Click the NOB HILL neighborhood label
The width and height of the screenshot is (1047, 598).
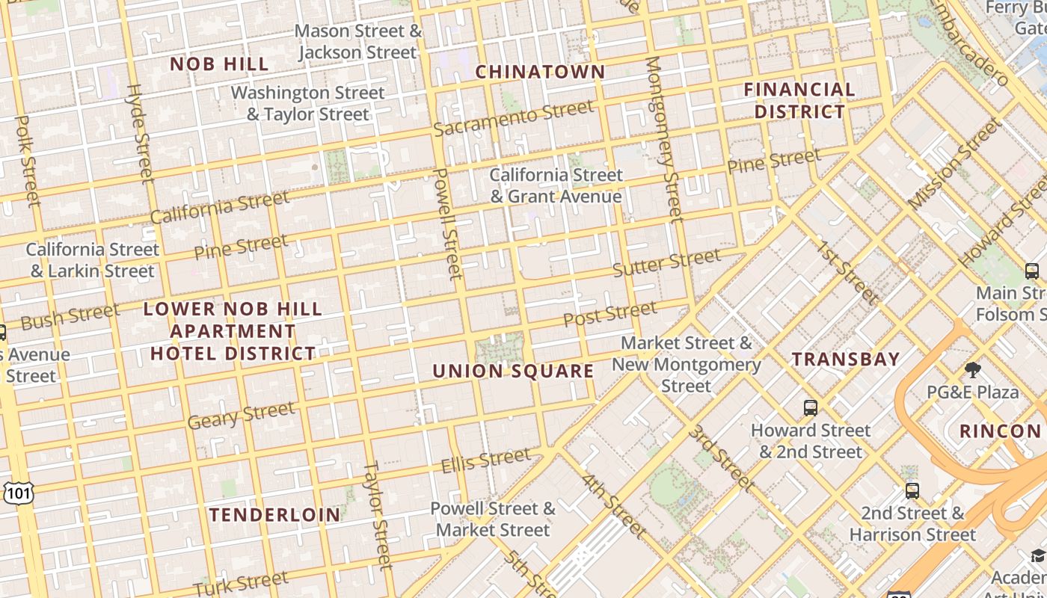click(219, 64)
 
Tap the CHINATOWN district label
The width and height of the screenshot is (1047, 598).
click(540, 72)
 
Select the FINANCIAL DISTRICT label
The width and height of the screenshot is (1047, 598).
click(799, 100)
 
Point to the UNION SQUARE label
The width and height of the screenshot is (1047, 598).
click(513, 371)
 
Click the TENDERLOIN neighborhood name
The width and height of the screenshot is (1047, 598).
click(274, 514)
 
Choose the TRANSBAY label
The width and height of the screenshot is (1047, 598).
click(845, 359)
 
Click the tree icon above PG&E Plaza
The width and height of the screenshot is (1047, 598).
click(972, 370)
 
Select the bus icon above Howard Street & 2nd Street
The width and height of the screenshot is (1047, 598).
click(811, 408)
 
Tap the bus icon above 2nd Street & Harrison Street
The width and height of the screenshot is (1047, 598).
click(912, 491)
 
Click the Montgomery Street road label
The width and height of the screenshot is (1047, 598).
click(663, 139)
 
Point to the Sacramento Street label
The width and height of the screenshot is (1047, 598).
click(514, 119)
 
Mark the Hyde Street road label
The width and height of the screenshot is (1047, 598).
click(139, 132)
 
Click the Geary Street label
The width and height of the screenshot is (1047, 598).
click(241, 416)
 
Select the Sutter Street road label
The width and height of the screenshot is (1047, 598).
click(666, 262)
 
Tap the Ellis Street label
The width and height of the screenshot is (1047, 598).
click(485, 460)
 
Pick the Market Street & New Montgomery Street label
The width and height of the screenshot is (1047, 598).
click(686, 365)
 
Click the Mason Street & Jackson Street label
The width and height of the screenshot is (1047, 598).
click(358, 42)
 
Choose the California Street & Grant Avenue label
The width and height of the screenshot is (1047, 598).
click(556, 185)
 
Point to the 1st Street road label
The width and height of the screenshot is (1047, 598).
click(846, 274)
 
